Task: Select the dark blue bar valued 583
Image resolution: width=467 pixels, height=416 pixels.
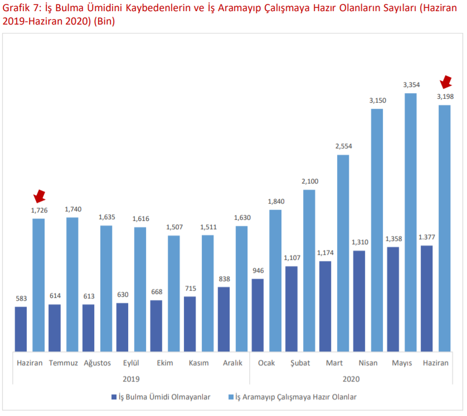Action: pos(21,329)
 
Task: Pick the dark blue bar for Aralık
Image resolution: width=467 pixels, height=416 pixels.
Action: pos(224,319)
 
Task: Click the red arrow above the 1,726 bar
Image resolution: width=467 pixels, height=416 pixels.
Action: pos(39,196)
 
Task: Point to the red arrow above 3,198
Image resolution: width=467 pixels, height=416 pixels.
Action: pos(446,82)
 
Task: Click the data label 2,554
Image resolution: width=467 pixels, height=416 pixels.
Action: pos(343,146)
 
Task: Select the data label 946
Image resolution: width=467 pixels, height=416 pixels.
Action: pos(258,271)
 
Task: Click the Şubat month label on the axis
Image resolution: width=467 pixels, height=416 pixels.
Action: pos(300,363)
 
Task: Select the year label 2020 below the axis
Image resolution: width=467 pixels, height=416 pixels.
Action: pos(351,379)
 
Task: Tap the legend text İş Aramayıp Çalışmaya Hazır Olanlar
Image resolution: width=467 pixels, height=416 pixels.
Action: pos(296,397)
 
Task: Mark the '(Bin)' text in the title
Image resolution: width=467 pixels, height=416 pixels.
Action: pos(103,22)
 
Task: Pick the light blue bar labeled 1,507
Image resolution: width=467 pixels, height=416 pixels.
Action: pos(174,293)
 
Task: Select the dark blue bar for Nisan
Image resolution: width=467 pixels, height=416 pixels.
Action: pos(359,301)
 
